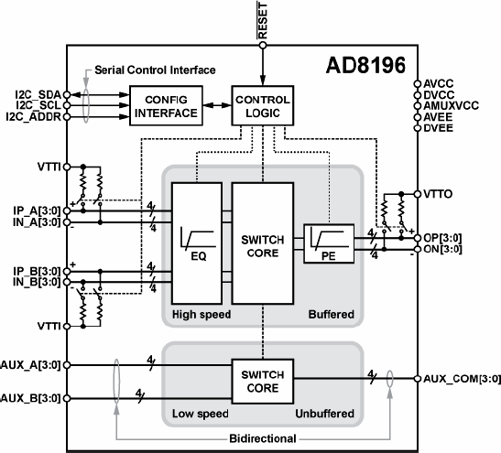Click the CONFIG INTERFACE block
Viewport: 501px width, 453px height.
[166, 105]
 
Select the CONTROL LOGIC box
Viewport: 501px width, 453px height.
[262, 105]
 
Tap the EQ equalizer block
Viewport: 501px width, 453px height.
[197, 243]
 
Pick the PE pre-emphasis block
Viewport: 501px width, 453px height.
[329, 244]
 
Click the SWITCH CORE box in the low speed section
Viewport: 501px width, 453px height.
[262, 382]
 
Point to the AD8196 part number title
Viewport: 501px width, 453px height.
[365, 65]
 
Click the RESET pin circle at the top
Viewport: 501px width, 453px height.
[263, 46]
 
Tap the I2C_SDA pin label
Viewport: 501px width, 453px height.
[38, 95]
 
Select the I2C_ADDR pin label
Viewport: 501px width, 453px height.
[34, 117]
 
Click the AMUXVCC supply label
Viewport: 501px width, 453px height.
[451, 105]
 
